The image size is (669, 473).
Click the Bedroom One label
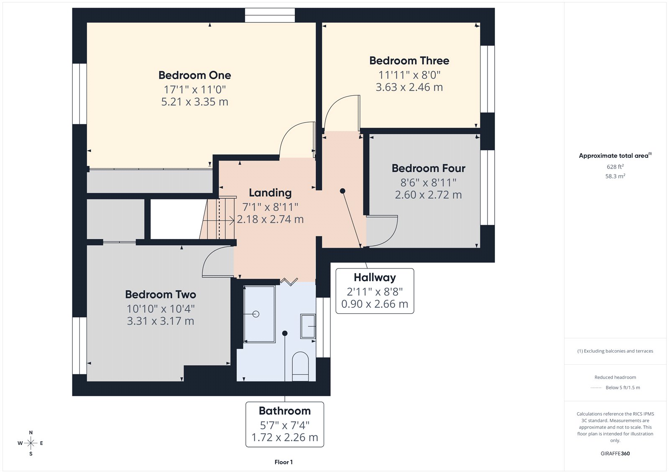point(194,75)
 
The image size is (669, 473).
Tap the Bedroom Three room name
point(409,61)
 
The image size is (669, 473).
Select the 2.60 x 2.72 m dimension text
point(428,195)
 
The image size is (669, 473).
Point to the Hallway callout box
point(375,291)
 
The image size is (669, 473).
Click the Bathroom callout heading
point(285,411)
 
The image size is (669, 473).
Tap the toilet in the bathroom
point(300,366)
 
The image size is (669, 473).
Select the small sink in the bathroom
point(308,326)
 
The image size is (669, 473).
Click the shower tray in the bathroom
point(259,314)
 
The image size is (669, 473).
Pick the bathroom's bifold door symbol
point(289,281)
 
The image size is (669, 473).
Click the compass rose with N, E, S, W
point(31,443)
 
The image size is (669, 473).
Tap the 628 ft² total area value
point(615,166)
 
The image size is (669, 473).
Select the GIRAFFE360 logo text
point(615,453)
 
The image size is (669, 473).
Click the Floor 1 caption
point(283,462)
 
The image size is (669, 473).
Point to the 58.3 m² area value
point(615,176)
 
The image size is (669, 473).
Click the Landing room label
point(270,193)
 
